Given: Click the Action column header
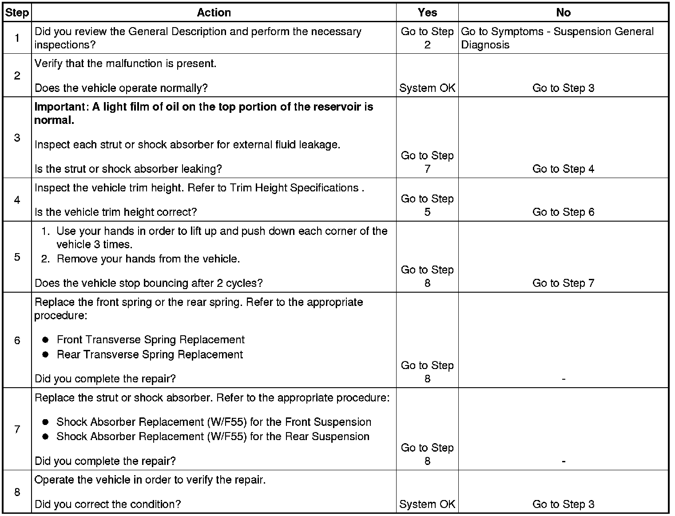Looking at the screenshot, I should point(214,12).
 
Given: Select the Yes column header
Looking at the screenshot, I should point(427,12).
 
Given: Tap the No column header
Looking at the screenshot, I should point(563,12).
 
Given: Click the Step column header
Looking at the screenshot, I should point(17,12).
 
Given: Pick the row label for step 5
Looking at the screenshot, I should point(17,257).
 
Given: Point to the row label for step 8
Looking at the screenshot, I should point(17,492).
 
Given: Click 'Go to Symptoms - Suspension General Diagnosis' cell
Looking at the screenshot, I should point(557,38).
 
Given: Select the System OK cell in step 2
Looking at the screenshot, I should point(427,88).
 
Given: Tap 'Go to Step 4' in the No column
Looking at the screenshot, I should point(563,169).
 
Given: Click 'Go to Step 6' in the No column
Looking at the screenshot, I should point(563,212).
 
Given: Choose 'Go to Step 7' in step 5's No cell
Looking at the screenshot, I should point(563,283).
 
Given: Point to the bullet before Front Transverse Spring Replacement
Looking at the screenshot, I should point(45,340).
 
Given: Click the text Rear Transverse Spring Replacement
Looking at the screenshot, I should point(150,354).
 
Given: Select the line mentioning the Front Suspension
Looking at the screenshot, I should point(214,422).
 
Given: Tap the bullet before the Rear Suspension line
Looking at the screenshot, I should point(45,437).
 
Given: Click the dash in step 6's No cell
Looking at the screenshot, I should point(563,379).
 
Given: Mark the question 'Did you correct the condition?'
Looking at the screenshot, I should point(107,504).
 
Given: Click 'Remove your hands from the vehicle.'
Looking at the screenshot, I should point(148,259).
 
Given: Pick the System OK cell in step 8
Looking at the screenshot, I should point(427,504).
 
